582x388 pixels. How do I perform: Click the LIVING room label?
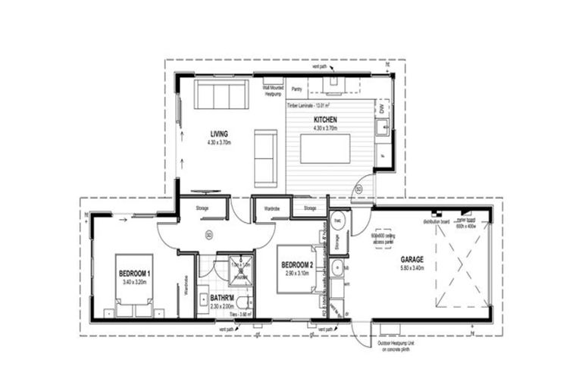point(219,134)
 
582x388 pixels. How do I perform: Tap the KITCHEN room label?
point(325,120)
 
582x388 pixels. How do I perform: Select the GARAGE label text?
point(412,259)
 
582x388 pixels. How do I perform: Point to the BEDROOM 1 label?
point(134,273)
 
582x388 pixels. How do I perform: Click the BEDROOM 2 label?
point(297,264)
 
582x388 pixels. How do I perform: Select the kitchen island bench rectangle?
point(325,148)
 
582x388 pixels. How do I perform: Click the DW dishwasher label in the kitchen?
point(382,110)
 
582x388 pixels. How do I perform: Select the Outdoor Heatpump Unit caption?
point(400,347)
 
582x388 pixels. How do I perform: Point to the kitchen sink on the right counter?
point(385,129)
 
